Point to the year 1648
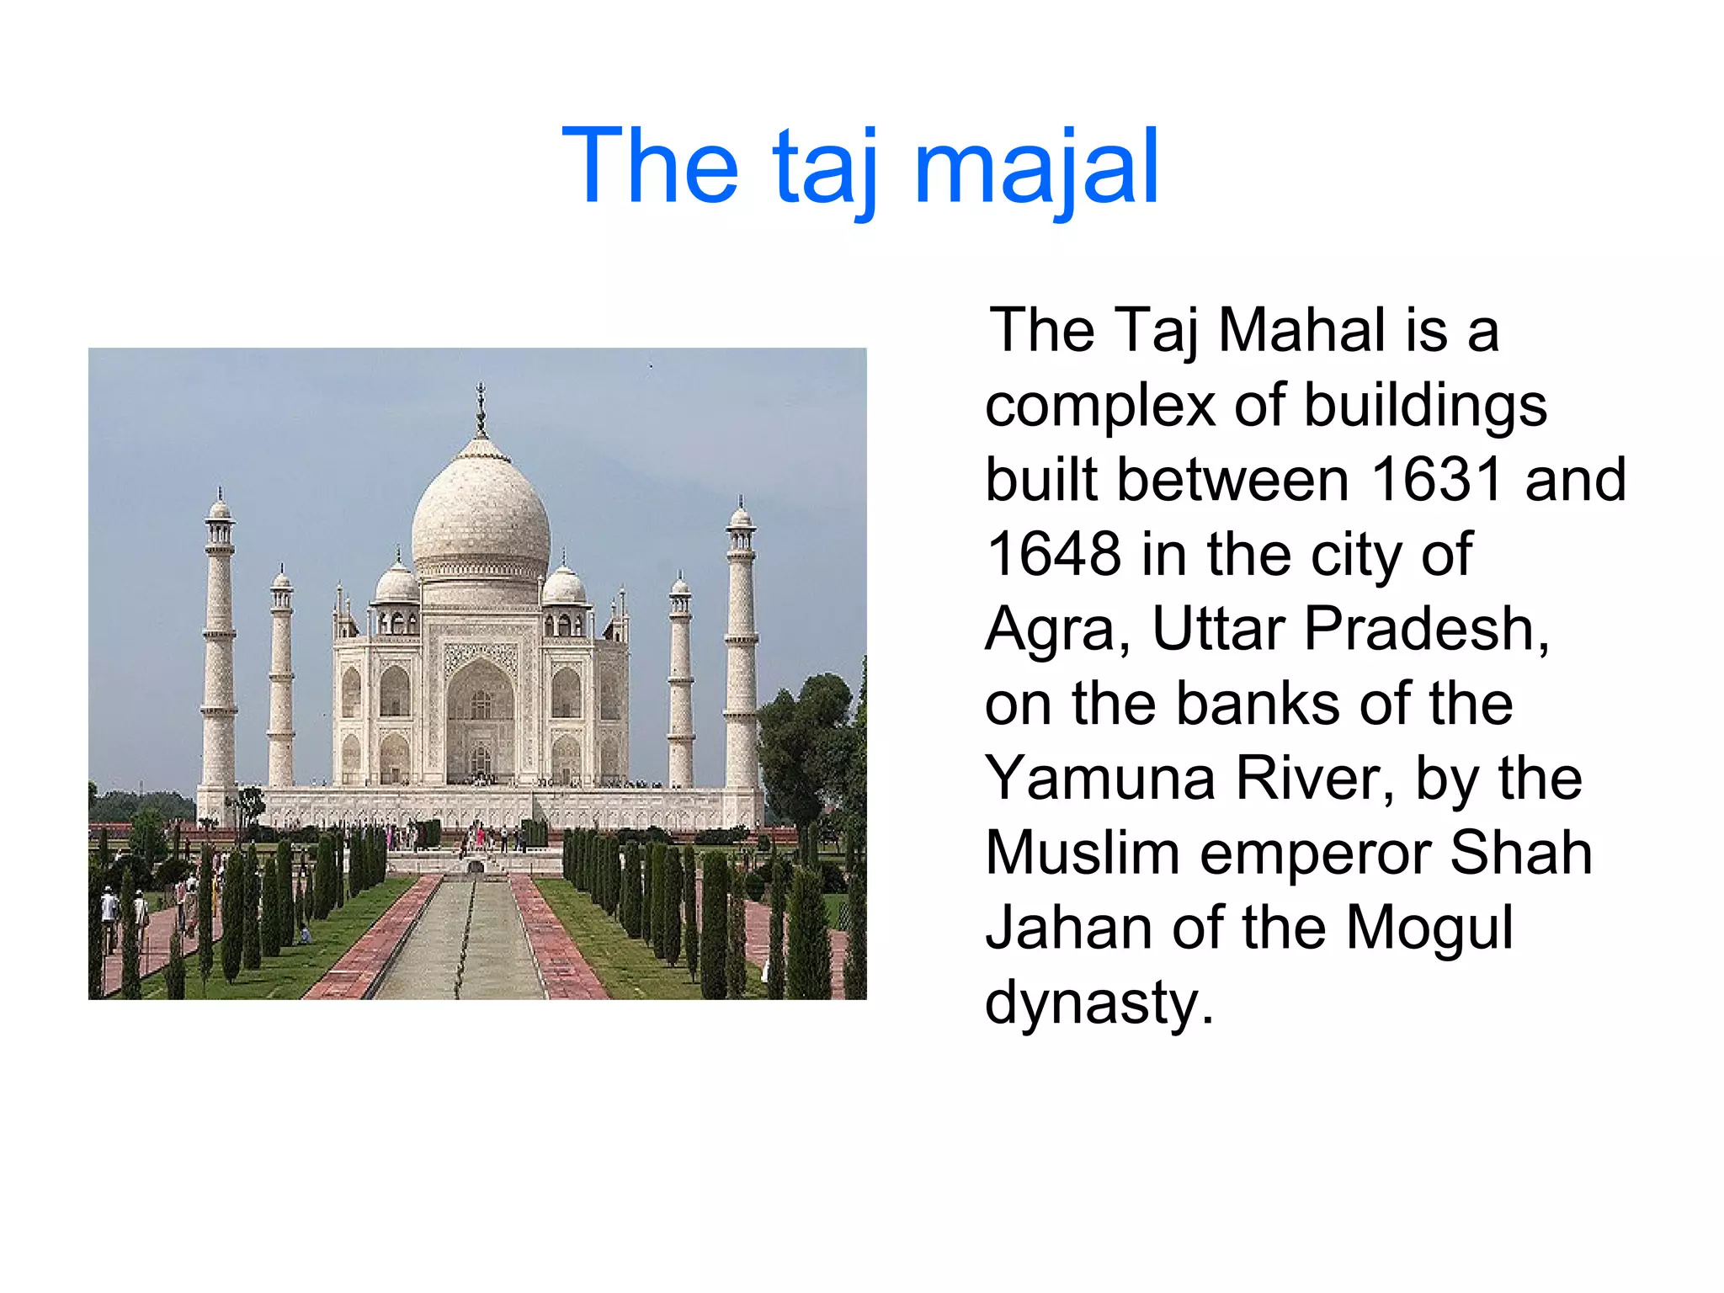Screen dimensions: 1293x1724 [1053, 555]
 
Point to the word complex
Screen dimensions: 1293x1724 [1100, 406]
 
